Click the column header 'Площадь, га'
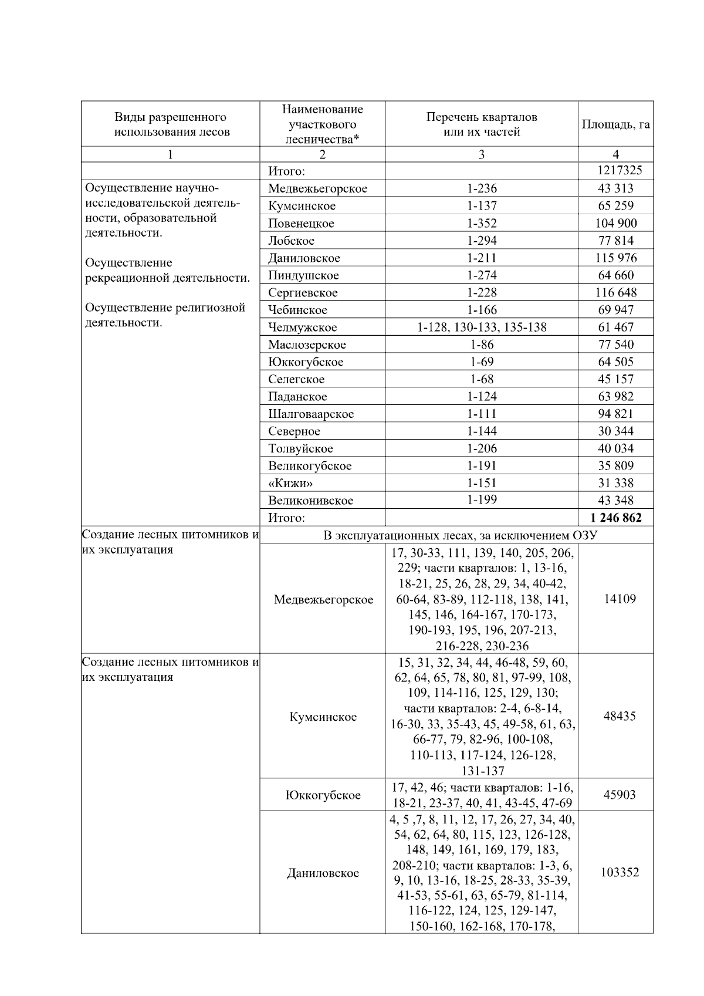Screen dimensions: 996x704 point(615,124)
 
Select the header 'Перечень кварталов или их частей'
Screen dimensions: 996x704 point(482,124)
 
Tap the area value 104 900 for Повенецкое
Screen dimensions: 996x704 point(615,223)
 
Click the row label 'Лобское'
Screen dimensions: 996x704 point(292,241)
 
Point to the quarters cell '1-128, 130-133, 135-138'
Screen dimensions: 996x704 point(482,327)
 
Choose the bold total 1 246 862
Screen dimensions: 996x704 point(615,518)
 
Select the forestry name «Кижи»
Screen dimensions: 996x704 point(290,483)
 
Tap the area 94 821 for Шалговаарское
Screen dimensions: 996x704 point(615,414)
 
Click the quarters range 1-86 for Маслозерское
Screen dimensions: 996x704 point(482,345)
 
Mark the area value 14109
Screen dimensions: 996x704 point(620,599)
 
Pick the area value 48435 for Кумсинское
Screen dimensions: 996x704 point(620,716)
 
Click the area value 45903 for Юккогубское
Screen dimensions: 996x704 point(620,795)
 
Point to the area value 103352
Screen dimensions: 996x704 point(620,872)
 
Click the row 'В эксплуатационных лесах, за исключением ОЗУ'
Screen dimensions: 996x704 point(456,535)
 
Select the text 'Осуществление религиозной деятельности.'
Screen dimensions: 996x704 point(165,315)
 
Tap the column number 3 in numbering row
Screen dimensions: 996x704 point(482,154)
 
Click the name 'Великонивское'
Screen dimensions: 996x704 point(311,501)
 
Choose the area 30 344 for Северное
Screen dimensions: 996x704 point(615,431)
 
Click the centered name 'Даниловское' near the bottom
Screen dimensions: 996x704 point(323,873)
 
